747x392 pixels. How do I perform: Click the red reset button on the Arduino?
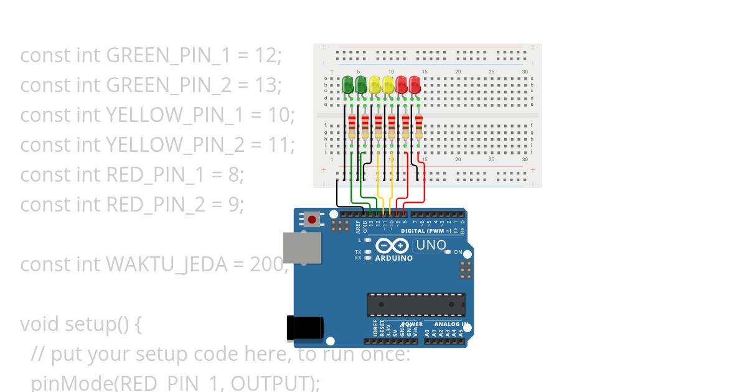312,220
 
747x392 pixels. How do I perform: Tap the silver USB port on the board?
302,247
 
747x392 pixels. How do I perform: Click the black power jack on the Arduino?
305,328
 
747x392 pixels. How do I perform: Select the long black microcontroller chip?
415,304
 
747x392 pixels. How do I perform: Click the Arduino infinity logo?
393,246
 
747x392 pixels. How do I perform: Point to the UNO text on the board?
431,245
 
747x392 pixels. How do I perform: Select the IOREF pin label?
375,329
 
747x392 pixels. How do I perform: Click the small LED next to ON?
448,252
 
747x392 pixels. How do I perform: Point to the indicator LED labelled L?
368,240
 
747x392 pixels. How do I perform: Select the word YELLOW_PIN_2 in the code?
176,145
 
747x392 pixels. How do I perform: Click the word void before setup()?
40,324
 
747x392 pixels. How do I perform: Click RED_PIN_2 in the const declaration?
156,205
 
